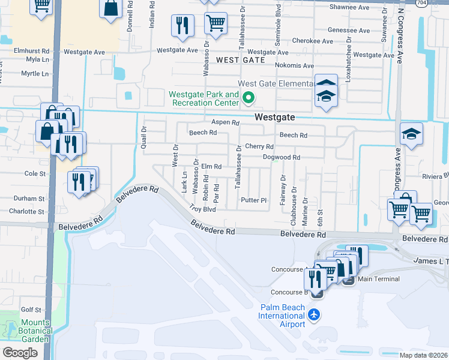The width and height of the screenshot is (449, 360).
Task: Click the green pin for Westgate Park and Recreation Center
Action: tap(251, 97)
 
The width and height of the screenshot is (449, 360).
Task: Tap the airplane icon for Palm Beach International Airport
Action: tap(313, 314)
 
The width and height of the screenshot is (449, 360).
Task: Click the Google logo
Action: tap(20, 352)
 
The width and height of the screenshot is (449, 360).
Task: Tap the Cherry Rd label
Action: tap(259, 146)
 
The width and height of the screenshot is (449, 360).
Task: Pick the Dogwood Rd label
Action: tap(281, 157)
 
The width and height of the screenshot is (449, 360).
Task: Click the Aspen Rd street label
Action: tap(225, 122)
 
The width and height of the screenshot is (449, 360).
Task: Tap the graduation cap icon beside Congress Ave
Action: tap(412, 134)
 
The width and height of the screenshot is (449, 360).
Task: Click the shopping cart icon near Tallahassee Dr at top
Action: tap(215, 24)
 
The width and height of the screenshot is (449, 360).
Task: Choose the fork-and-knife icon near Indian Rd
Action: tap(182, 25)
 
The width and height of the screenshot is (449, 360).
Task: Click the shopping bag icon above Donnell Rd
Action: tap(112, 9)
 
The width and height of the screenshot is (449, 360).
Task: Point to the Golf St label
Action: tap(31, 310)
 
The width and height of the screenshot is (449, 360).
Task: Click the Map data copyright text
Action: tap(423, 355)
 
